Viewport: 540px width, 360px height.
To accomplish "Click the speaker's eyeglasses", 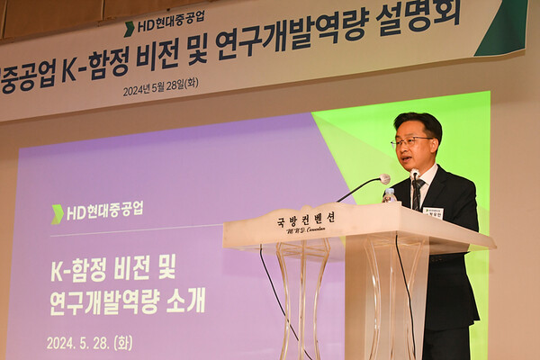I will (412, 141).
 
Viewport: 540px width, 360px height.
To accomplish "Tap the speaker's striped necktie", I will (418, 193).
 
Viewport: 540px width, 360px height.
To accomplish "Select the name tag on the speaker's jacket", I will (433, 213).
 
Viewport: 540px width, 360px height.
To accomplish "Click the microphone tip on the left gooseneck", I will (384, 179).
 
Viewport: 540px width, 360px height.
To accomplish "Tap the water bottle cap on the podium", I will (389, 192).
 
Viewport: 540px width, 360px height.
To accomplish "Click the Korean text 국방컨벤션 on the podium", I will (306, 219).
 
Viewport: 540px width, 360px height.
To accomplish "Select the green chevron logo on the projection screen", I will (58, 213).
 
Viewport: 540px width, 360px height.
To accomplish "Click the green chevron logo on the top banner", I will (129, 29).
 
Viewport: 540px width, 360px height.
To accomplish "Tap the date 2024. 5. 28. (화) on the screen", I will (89, 343).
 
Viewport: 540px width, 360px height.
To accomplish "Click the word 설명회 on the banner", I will (427, 15).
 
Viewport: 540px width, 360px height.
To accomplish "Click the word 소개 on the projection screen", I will (185, 301).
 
